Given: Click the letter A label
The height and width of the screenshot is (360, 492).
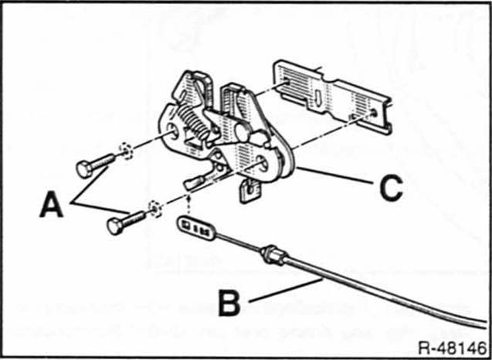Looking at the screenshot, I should (52, 205).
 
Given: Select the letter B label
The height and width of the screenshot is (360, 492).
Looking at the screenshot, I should (229, 303).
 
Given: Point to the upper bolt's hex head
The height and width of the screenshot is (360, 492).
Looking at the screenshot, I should (84, 169).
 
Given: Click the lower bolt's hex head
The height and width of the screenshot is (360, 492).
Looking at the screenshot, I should (115, 226).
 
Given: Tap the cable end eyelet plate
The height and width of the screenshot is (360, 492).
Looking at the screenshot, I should (195, 228).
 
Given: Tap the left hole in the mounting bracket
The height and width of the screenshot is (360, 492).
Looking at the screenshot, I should (287, 80).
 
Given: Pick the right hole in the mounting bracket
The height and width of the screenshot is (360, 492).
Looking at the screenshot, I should (374, 113).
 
